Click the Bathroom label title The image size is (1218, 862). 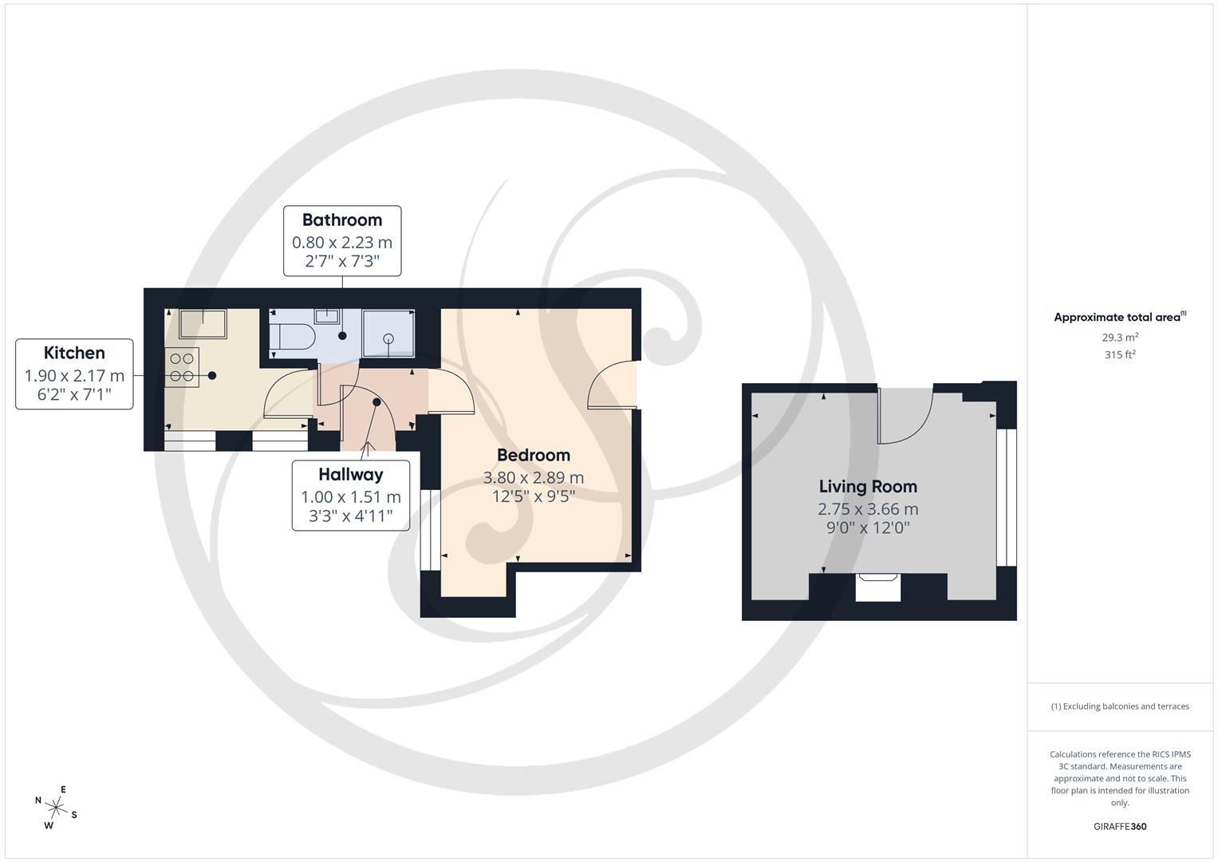click(x=342, y=219)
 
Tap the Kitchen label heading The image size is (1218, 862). click(x=74, y=353)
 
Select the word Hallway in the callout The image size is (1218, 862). click(x=351, y=475)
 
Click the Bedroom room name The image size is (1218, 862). click(x=534, y=455)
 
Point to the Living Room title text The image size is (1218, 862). click(x=868, y=487)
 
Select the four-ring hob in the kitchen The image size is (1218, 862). click(x=182, y=367)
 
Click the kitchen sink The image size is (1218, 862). click(x=203, y=324)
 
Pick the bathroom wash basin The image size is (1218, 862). click(x=327, y=316)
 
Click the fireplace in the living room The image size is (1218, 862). click(x=877, y=587)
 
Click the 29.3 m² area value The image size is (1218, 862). click(x=1120, y=338)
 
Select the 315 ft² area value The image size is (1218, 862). click(x=1120, y=355)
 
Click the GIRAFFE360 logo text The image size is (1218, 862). click(x=1120, y=826)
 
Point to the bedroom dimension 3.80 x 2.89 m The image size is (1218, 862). click(x=534, y=478)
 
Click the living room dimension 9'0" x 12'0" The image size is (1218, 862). click(x=868, y=528)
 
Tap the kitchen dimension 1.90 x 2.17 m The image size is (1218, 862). click(x=74, y=375)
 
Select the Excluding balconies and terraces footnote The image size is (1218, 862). click(x=1120, y=706)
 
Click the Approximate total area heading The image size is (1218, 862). click(x=1120, y=317)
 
